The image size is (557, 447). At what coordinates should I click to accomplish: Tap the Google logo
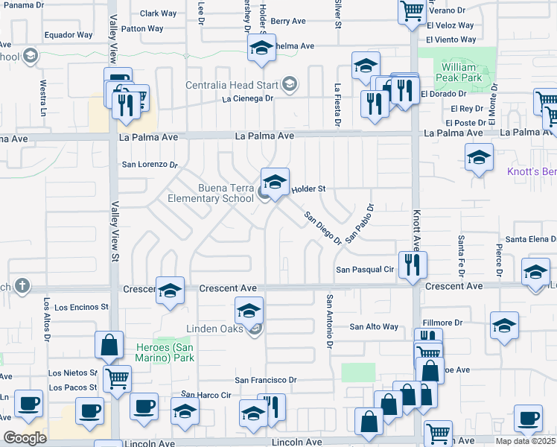(25, 438)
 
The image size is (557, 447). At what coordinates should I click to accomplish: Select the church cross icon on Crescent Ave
(22, 285)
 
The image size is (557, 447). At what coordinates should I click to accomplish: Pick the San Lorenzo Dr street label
(150, 164)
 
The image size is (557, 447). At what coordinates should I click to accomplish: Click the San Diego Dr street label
(322, 227)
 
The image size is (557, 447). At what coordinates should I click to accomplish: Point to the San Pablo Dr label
(359, 222)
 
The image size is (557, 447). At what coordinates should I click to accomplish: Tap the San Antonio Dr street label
(328, 320)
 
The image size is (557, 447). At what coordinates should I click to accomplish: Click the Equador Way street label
(69, 35)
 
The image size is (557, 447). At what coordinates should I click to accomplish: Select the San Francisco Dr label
(266, 380)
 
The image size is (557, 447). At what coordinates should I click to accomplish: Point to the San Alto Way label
(375, 327)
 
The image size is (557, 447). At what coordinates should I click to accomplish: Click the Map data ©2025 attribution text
(525, 441)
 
